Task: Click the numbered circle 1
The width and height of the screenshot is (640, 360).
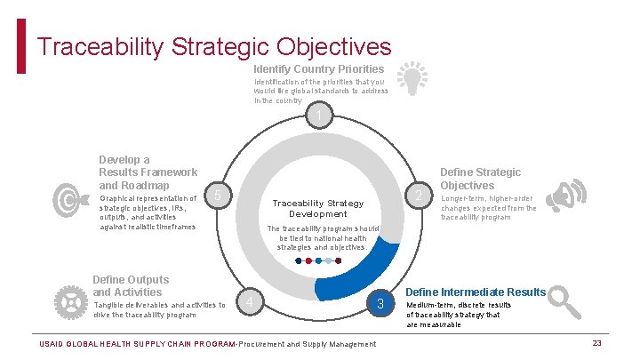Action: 320,116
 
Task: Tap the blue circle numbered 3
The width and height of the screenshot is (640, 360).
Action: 380,305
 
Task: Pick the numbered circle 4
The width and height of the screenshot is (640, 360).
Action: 252,305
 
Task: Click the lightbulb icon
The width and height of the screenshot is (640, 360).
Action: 410,78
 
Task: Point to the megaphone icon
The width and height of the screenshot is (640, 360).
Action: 566,195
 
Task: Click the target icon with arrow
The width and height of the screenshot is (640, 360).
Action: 68,199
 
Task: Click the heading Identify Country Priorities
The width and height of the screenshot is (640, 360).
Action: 318,68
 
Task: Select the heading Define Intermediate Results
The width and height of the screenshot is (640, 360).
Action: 476,292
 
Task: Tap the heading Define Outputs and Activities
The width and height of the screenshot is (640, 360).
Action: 131,285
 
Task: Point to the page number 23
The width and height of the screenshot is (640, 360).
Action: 597,343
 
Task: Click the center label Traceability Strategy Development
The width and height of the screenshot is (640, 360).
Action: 317,208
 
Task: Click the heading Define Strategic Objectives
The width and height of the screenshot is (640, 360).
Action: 481,179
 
